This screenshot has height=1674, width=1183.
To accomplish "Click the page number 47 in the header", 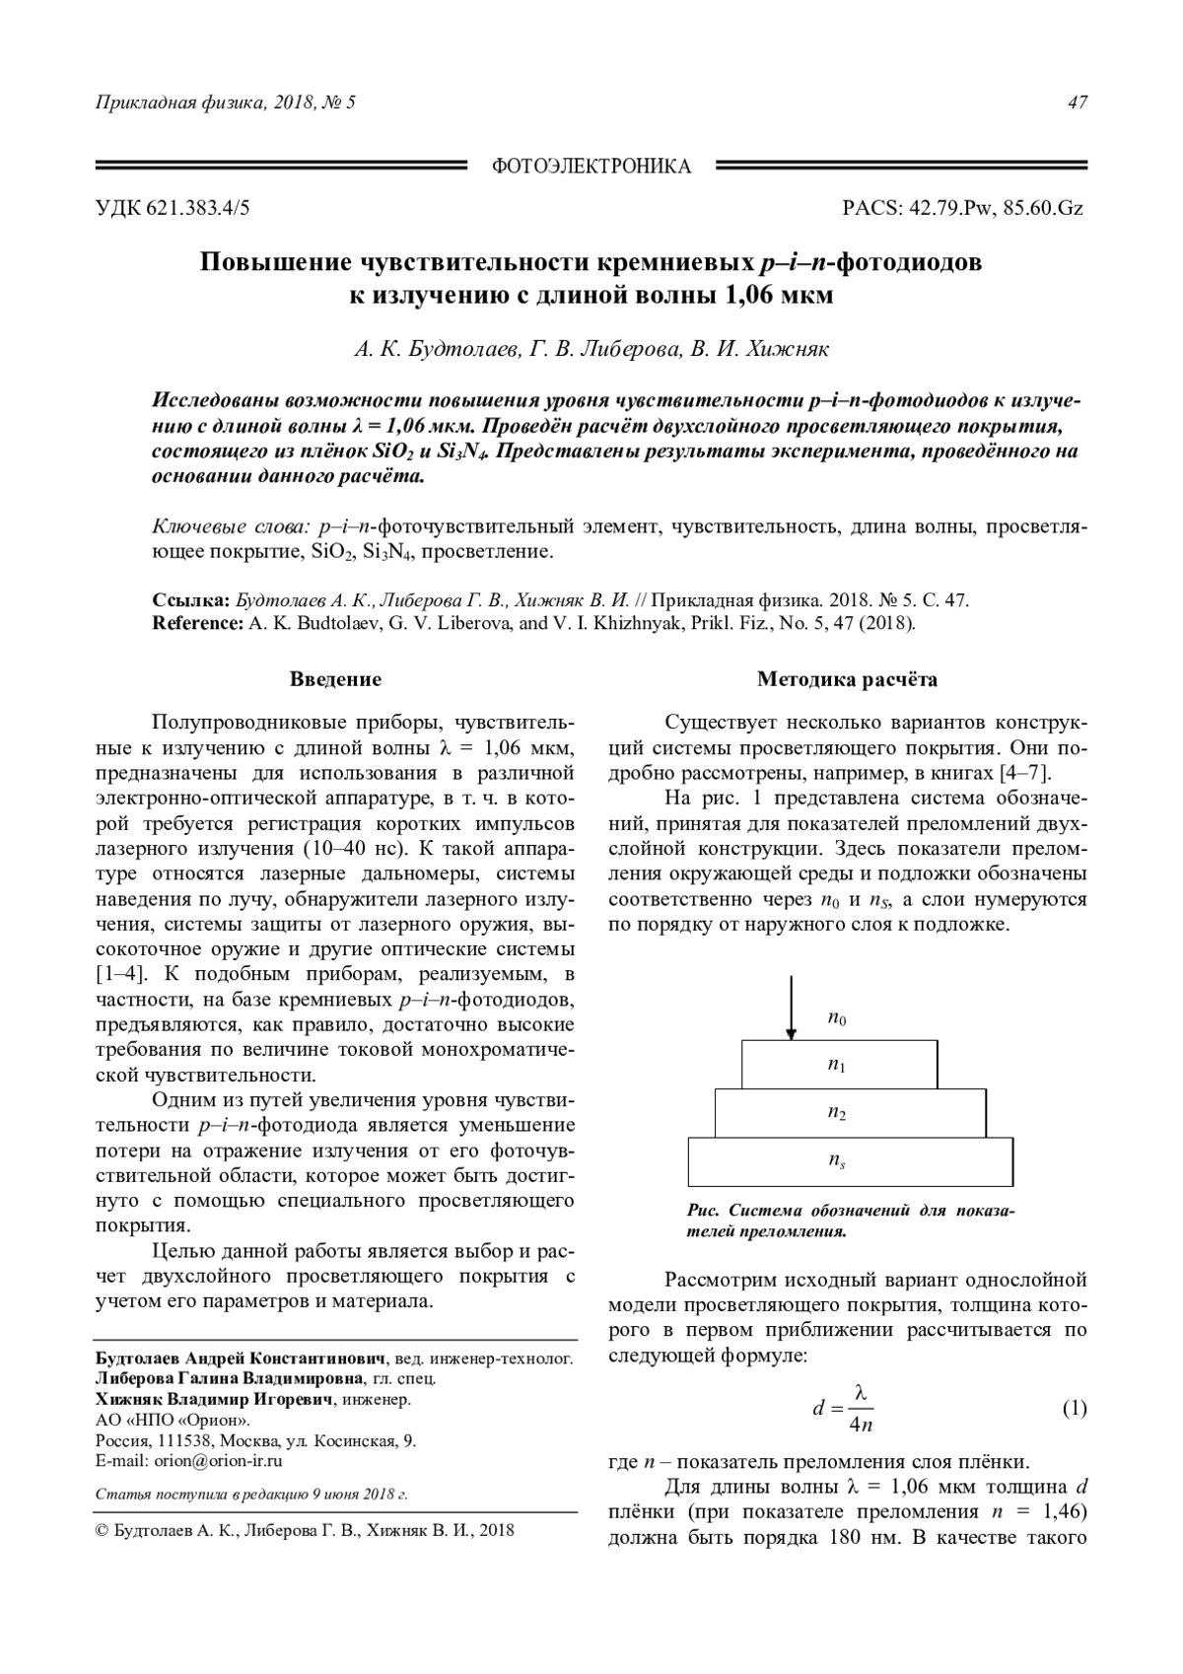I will [1078, 103].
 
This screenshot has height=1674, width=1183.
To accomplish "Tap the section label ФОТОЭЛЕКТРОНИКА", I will [591, 167].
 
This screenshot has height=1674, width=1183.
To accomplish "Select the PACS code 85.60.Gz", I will [1043, 208].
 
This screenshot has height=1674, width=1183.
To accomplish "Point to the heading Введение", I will [335, 679].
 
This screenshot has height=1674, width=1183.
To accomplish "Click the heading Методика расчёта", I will [848, 679].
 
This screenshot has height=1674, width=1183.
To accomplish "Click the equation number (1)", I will [1074, 1408].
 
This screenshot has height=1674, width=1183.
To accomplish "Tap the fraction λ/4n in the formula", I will [860, 1409].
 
